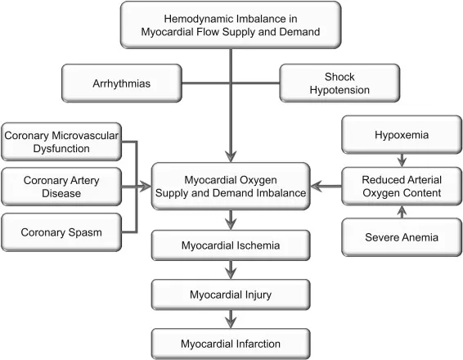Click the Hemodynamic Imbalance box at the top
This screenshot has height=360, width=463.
point(231,25)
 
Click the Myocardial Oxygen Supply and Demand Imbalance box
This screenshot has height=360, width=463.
point(231,186)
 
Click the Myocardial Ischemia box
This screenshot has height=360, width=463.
point(231,245)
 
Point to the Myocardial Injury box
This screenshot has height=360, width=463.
point(231,292)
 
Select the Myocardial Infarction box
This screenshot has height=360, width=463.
point(231,340)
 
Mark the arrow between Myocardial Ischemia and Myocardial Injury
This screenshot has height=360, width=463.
point(231,268)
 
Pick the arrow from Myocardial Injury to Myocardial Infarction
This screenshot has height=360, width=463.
point(231,316)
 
